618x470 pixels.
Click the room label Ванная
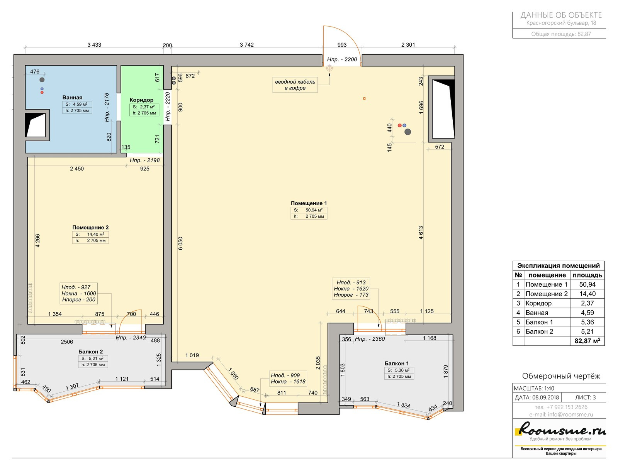point(72,97)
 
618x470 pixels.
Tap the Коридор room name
point(141,100)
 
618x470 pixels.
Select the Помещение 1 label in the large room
point(309,203)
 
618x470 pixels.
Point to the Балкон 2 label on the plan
point(90,352)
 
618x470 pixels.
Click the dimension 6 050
point(180,243)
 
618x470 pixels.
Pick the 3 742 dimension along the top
point(247,45)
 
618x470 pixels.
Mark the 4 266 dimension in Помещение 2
point(37,241)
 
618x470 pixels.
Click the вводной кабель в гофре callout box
point(295,85)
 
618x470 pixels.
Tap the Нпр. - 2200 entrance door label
point(342,59)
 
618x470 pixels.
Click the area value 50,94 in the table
point(587,284)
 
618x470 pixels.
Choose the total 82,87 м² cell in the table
point(587,341)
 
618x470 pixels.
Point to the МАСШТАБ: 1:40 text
point(534,389)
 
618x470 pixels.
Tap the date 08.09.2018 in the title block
point(545,397)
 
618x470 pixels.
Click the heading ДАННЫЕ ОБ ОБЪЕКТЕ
point(561,15)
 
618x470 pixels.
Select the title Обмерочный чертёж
point(561,376)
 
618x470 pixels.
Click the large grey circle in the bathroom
point(42,80)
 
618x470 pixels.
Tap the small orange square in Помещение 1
point(364,98)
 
